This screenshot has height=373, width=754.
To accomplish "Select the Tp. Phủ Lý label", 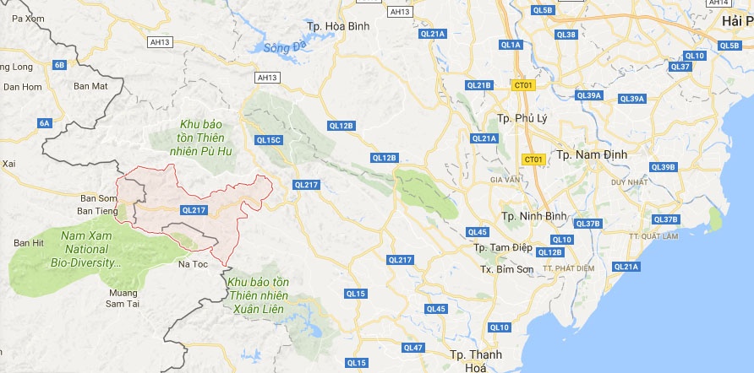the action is tap(523, 118).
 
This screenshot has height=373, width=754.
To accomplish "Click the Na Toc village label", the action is tap(194, 264).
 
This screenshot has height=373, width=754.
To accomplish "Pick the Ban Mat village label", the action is tap(90, 85).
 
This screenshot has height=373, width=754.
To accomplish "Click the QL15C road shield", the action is tap(269, 140).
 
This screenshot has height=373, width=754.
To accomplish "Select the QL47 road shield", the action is tap(413, 348).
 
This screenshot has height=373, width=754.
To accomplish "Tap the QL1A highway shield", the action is tap(511, 44).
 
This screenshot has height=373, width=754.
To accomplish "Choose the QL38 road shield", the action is tap(566, 35).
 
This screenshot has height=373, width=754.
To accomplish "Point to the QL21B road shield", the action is tap(478, 85).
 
